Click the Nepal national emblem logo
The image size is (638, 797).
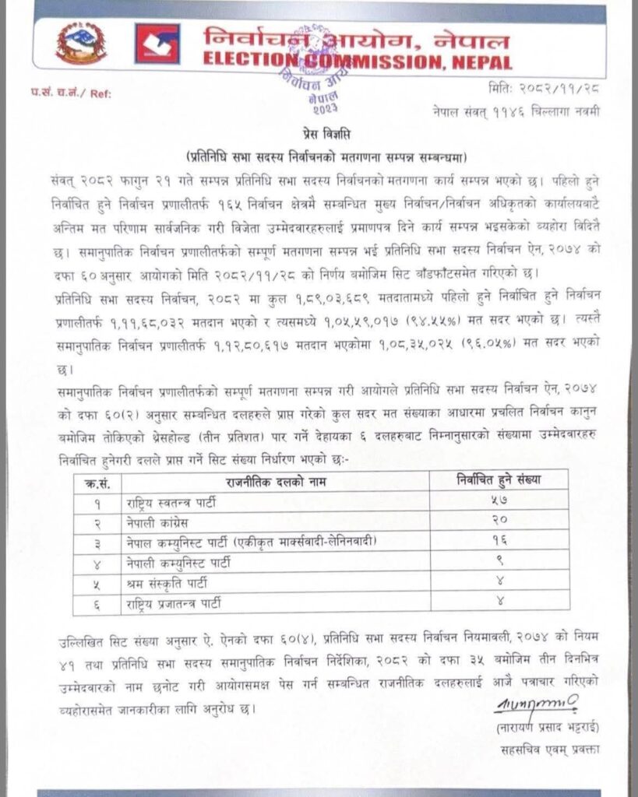81,44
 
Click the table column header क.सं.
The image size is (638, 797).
99,483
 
